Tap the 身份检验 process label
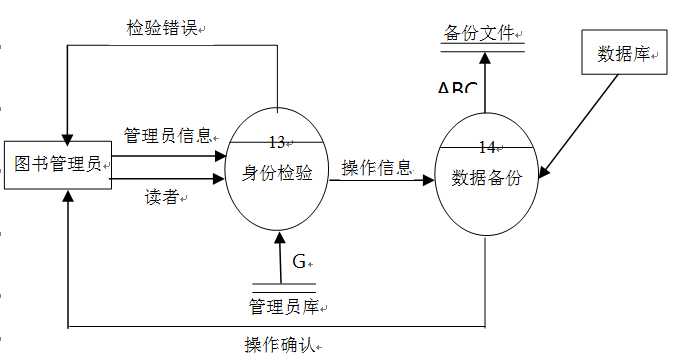(278, 173)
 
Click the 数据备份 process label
(487, 178)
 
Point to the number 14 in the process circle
(486, 147)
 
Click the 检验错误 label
(161, 29)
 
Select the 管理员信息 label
(167, 135)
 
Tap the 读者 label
(162, 197)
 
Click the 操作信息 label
(376, 167)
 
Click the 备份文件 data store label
(479, 33)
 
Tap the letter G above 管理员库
(298, 262)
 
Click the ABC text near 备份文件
(457, 88)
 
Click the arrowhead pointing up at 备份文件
(483, 58)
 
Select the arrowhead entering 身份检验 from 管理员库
(279, 239)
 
